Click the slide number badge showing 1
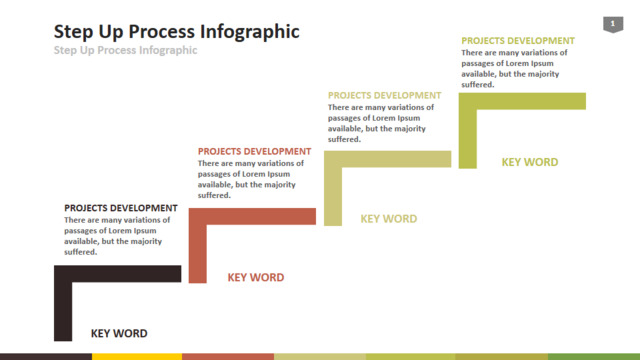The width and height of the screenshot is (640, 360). tap(613, 24)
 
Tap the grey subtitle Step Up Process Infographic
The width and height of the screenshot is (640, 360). tap(125, 50)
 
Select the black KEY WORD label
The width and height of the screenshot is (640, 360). tap(119, 333)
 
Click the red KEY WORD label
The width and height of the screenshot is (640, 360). tap(256, 278)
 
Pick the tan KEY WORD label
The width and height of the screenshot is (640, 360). tap(389, 219)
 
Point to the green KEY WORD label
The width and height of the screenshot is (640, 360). tap(530, 162)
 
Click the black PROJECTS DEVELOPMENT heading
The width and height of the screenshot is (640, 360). tap(121, 208)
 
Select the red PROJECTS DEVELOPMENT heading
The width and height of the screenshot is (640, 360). tap(254, 151)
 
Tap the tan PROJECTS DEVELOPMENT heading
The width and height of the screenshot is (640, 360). tap(384, 96)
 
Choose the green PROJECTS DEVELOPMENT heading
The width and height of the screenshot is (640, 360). tap(518, 41)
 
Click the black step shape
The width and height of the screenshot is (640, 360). tap(118, 273)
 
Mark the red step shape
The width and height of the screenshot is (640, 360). tap(252, 216)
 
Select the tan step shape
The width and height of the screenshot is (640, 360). tap(387, 159)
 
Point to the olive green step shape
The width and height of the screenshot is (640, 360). tap(522, 101)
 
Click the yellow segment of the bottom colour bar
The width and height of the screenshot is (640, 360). tap(137, 357)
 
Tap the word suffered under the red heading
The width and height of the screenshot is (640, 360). tap(214, 196)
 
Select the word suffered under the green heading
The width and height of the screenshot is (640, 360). tap(478, 85)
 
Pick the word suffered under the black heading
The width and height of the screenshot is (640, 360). tap(80, 252)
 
